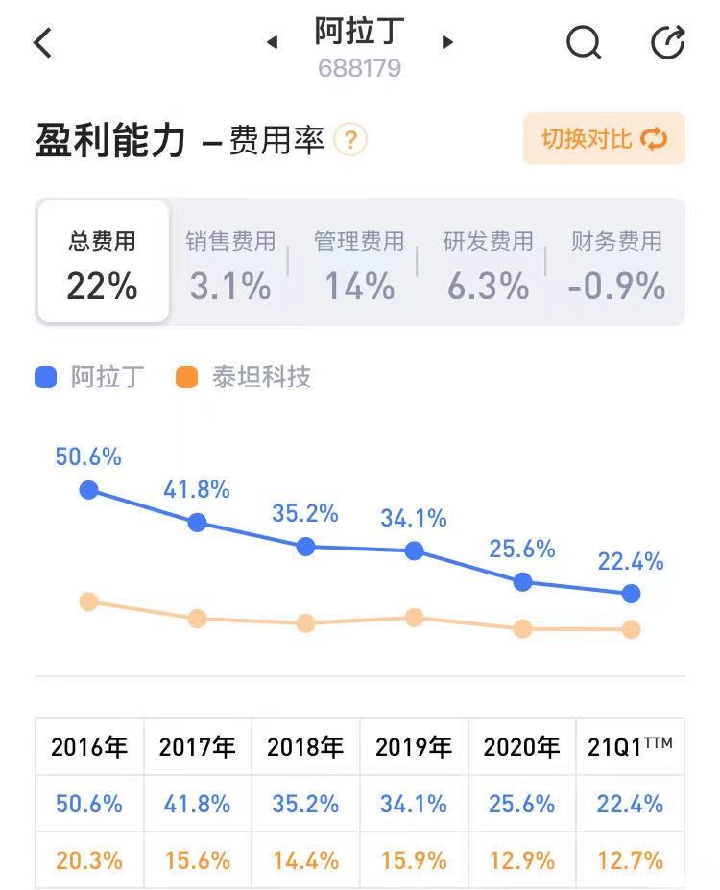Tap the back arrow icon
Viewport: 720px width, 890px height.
43,43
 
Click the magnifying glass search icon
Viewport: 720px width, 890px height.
583,43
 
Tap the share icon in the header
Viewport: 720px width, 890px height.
667,43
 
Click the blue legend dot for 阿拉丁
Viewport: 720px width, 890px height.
46,377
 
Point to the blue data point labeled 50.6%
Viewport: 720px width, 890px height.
88,490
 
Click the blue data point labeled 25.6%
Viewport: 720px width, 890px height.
523,581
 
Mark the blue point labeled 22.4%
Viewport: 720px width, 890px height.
631,594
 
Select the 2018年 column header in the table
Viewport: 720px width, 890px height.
305,746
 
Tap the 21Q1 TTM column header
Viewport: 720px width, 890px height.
630,746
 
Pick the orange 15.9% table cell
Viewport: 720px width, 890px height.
413,860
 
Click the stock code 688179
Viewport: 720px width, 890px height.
360,69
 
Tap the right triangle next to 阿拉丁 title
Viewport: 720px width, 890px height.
447,42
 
